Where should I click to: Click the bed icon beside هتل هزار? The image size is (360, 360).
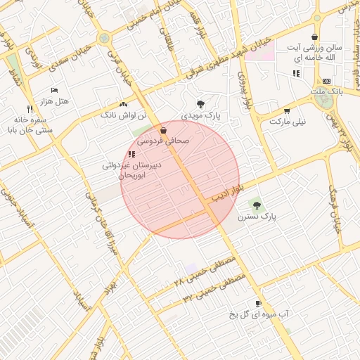pyautogui.click(x=55, y=91)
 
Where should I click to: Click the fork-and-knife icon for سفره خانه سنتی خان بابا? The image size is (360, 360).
pyautogui.click(x=29, y=109)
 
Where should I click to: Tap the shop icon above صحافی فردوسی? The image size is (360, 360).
pyautogui.click(x=163, y=131)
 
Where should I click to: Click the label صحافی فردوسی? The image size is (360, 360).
pyautogui.click(x=167, y=141)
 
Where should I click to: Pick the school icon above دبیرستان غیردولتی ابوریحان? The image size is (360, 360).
pyautogui.click(x=131, y=154)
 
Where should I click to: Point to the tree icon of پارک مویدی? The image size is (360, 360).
pyautogui.click(x=201, y=103)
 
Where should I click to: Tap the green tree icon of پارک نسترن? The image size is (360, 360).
pyautogui.click(x=257, y=205)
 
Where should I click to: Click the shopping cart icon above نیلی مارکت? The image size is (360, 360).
pyautogui.click(x=287, y=110)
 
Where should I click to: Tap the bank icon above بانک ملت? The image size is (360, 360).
pyautogui.click(x=326, y=82)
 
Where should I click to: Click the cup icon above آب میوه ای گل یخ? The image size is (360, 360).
pyautogui.click(x=258, y=304)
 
